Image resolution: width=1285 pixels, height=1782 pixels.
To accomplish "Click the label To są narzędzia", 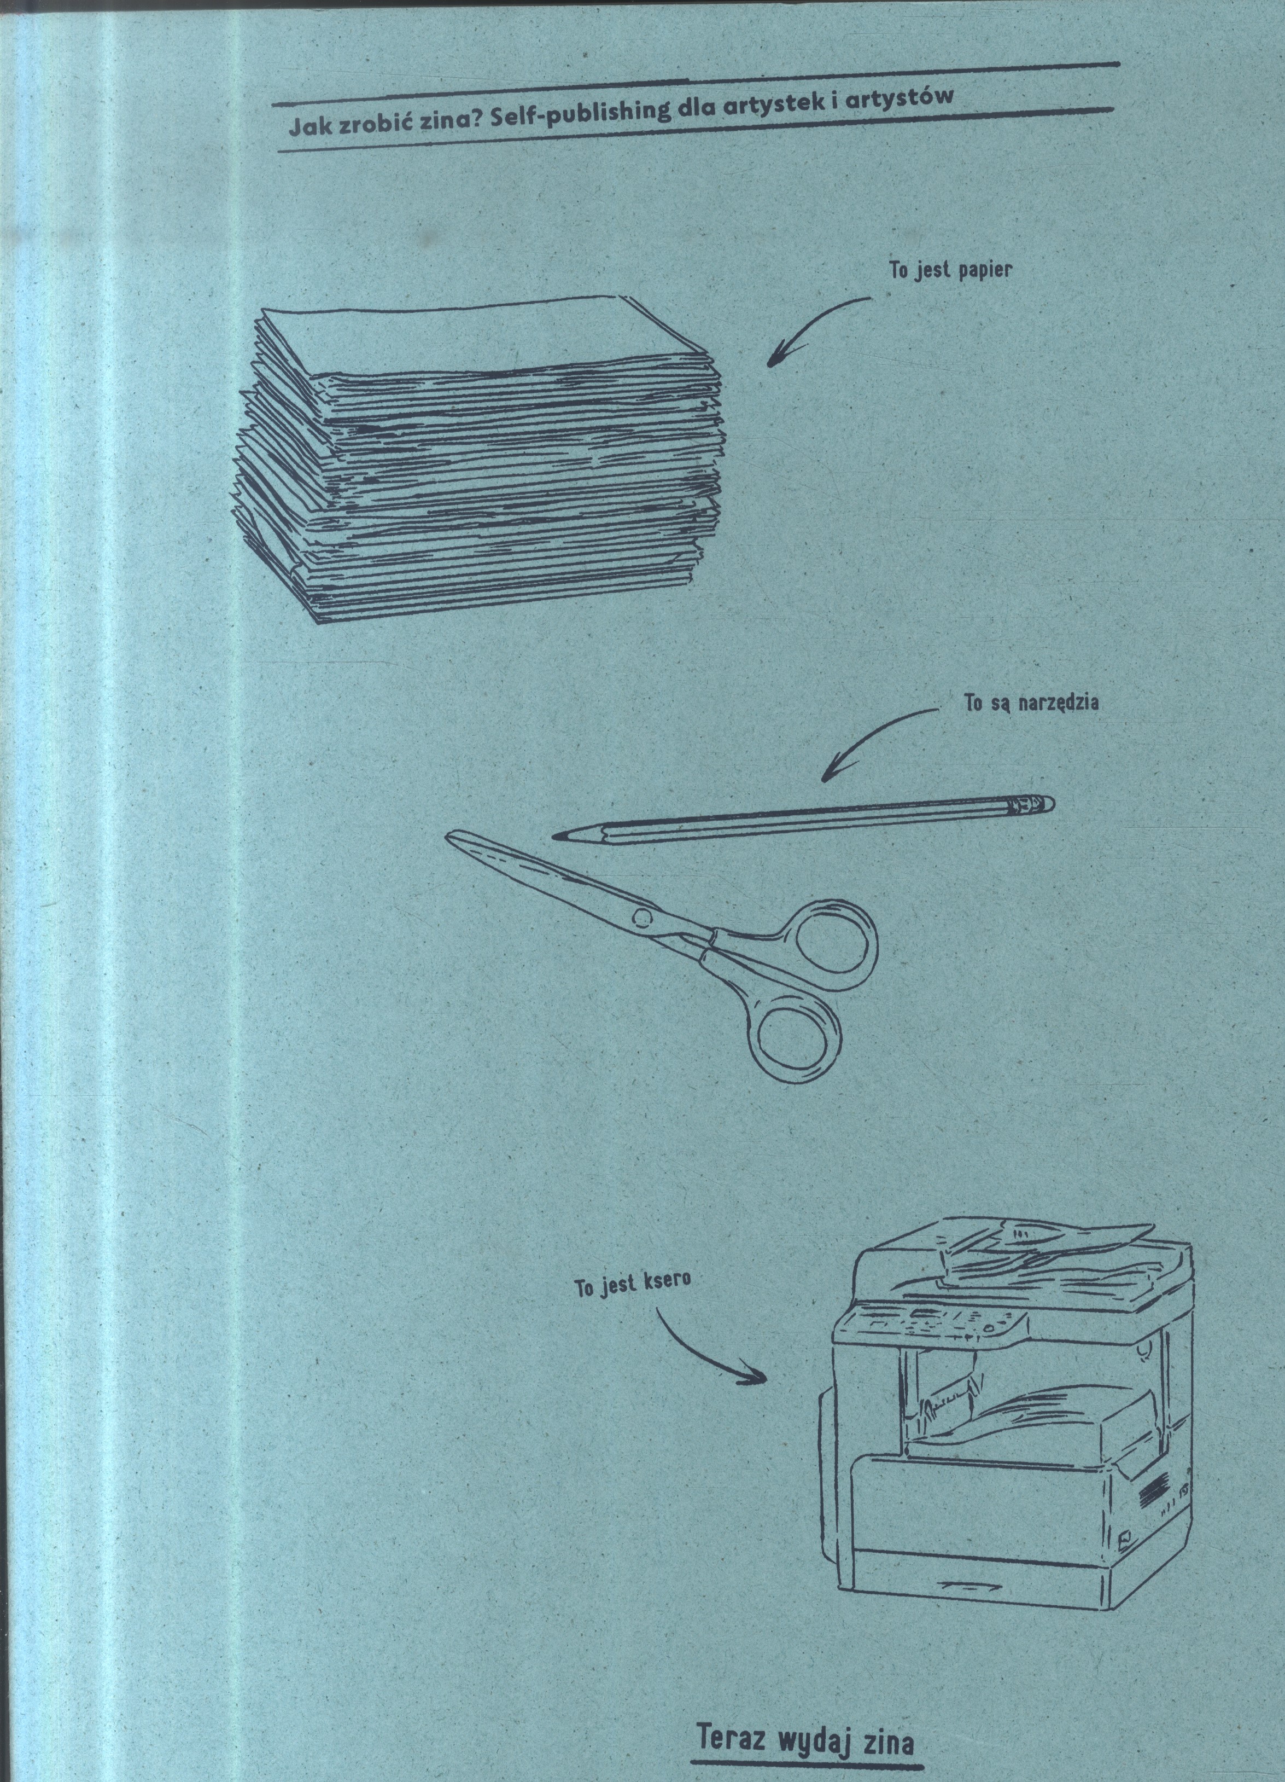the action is tap(1031, 703).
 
